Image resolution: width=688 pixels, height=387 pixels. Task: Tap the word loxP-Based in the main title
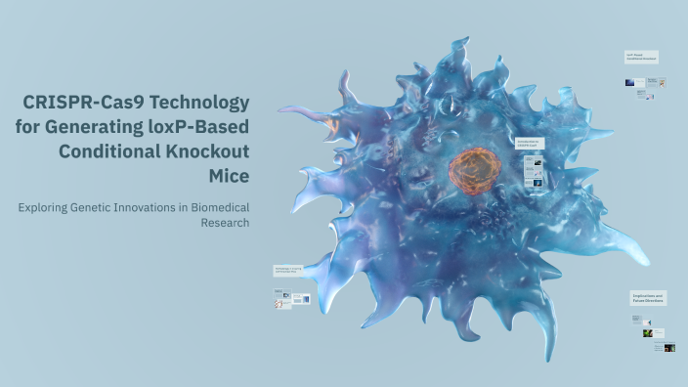tap(199, 127)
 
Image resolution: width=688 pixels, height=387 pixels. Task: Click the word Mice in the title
tap(229, 176)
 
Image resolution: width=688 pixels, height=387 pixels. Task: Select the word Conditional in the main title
tap(109, 151)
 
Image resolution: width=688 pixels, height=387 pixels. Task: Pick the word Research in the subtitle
tap(226, 222)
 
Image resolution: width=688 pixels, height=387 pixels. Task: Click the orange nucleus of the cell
tap(473, 168)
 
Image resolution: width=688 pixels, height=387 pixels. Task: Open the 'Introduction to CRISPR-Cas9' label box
tap(528, 144)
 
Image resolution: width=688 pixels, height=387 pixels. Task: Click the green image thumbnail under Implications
tap(647, 333)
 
